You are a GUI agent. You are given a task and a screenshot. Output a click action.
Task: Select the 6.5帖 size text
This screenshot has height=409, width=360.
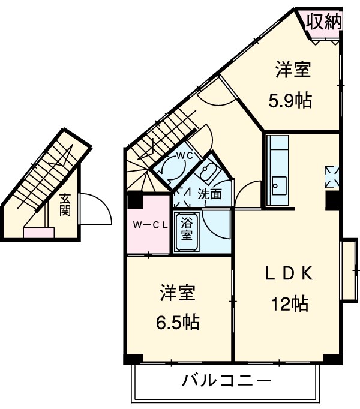tap(177, 322)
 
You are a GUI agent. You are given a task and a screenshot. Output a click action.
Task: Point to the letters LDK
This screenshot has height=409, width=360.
tap(289, 273)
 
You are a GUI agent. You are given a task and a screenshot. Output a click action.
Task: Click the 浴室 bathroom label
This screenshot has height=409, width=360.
tap(187, 229)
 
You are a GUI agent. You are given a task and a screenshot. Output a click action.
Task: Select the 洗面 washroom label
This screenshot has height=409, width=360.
tap(210, 194)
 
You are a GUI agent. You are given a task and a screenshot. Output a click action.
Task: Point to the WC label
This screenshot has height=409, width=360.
tap(183, 155)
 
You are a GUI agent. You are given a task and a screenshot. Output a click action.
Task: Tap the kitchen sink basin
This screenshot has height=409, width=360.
tap(278, 183)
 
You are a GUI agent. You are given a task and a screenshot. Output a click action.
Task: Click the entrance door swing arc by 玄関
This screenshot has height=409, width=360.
tap(96, 207)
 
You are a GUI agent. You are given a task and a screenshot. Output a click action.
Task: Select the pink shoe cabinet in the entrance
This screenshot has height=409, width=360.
tap(38, 231)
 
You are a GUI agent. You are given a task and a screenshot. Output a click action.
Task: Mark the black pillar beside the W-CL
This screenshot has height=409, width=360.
tap(134, 198)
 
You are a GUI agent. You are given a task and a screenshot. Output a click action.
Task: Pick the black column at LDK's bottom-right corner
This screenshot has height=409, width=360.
tap(330, 357)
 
